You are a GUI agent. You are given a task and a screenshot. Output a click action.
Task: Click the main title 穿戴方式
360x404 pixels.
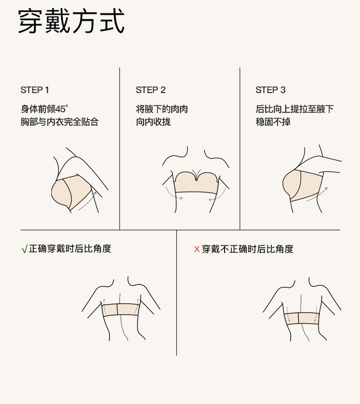coord(72,21)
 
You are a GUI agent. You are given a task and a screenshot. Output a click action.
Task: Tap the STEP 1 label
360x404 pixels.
coord(35,90)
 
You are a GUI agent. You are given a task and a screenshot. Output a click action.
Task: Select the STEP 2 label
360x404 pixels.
coord(151,90)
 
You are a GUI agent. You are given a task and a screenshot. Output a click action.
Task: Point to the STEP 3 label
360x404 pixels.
coord(270,90)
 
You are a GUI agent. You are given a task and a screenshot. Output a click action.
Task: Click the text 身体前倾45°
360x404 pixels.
coord(44,109)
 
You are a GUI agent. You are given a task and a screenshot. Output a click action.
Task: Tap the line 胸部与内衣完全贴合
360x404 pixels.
coord(60,122)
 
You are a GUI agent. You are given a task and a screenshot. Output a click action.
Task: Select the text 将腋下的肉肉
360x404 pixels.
coord(162,109)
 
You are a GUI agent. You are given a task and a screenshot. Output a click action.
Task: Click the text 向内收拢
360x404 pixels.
coord(153,122)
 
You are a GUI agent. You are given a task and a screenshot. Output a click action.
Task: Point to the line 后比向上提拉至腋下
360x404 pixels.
coord(294,109)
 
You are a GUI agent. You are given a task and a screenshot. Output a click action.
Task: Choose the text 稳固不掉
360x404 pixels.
coord(273,122)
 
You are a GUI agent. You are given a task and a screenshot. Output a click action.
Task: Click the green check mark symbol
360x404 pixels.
coord(24,249)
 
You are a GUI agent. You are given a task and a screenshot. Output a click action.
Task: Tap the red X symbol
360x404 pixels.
coord(197,249)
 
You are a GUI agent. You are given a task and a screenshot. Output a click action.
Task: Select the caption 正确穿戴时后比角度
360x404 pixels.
coord(70,249)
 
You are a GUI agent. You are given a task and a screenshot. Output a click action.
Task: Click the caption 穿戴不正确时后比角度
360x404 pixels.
coord(248,249)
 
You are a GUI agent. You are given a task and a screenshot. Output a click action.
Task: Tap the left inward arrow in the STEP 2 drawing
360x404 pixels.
coord(173,194)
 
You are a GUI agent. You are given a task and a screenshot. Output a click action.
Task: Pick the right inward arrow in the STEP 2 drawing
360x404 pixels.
coord(218,195)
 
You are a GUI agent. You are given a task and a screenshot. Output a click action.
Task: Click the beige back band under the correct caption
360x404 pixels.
coord(121,309)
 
